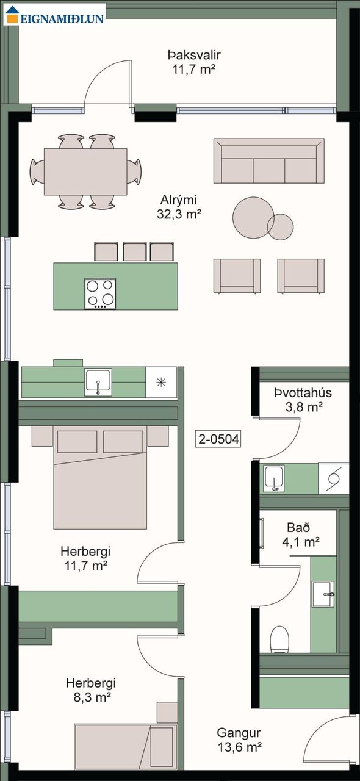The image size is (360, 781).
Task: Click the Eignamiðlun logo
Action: coord(55,14)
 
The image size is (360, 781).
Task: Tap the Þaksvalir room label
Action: coord(194,55)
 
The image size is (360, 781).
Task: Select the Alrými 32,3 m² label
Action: coord(179,207)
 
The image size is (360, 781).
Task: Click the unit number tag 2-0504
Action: coord(218,439)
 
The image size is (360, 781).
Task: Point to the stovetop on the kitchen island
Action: coord(100,293)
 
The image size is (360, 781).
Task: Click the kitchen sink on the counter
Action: coord(98,383)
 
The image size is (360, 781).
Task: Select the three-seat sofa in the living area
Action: coord(269,160)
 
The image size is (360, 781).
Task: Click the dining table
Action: coord(85,171)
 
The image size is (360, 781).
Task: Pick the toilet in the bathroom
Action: coord(280,639)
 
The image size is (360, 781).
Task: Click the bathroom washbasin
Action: coord(323,594)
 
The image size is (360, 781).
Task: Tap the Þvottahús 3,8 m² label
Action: coord(303,400)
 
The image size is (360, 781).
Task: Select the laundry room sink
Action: coord(273,478)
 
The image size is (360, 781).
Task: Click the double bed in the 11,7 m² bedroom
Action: coord(100,477)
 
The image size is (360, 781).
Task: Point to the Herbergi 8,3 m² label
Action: coord(91,690)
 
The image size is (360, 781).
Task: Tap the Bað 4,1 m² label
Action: coord(300,534)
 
